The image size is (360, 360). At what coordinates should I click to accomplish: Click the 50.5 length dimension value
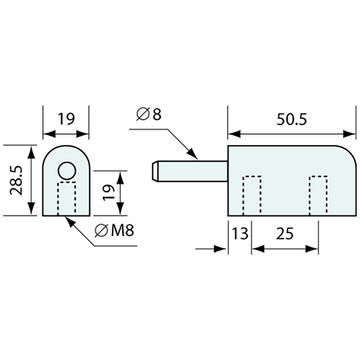click(291, 120)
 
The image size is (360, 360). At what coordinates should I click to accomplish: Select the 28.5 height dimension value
click(16, 180)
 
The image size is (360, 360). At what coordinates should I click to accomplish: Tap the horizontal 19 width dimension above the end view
click(66, 119)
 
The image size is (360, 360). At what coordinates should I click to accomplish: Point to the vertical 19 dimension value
click(108, 192)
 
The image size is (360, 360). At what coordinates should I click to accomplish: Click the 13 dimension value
click(240, 234)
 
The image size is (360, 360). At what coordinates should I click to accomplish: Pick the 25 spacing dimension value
click(285, 234)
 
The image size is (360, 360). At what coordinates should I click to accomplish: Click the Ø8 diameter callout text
click(149, 114)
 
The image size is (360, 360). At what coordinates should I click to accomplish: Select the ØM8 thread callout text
click(114, 230)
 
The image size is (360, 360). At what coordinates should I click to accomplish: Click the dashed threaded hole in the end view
click(67, 199)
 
